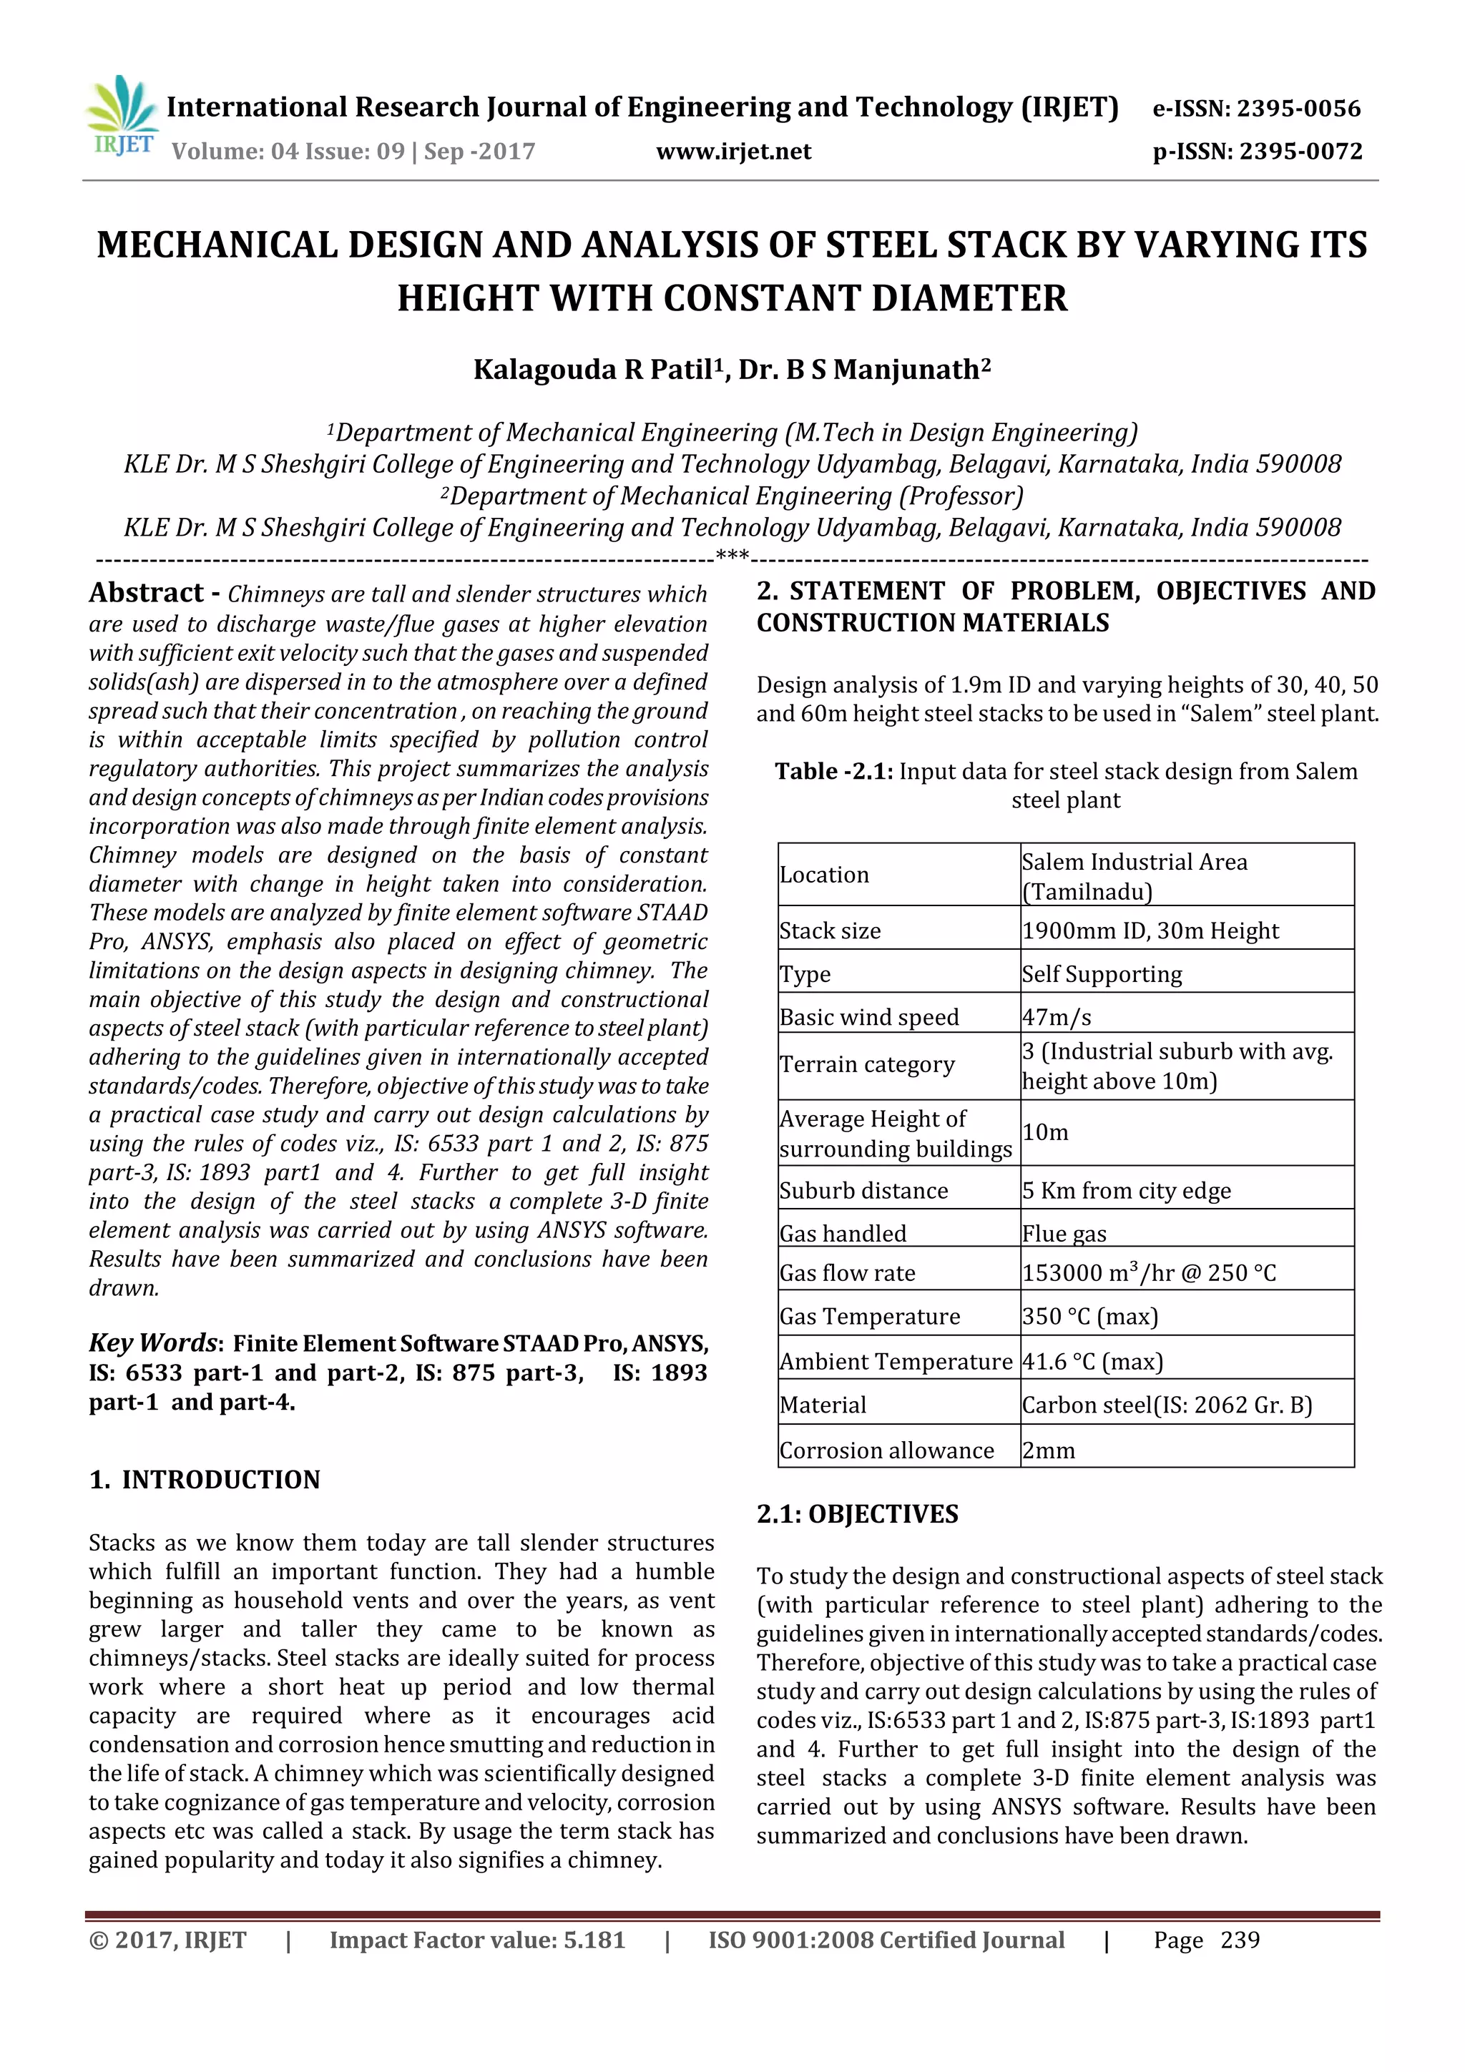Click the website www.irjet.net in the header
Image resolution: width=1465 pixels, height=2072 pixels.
pyautogui.click(x=733, y=152)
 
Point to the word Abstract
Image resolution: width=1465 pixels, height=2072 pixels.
pyautogui.click(x=146, y=593)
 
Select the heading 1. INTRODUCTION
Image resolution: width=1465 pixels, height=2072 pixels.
pyautogui.click(x=205, y=1480)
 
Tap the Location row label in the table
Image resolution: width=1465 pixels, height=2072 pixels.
pyautogui.click(x=823, y=875)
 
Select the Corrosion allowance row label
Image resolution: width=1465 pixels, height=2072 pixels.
pyautogui.click(x=886, y=1450)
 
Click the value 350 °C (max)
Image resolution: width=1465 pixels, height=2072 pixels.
pyautogui.click(x=1089, y=1317)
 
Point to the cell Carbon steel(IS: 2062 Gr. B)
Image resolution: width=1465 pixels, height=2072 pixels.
pyautogui.click(x=1166, y=1405)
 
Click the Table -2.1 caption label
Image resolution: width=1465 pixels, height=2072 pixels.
pyautogui.click(x=833, y=772)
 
